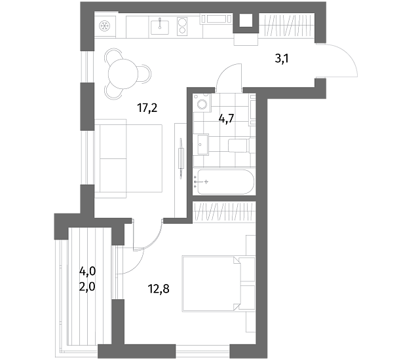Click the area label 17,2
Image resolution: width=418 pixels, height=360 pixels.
(x=147, y=108)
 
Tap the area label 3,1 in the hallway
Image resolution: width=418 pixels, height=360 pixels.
(x=282, y=58)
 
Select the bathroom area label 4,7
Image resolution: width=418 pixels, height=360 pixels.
(x=226, y=118)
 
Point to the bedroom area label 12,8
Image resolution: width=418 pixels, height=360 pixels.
(x=159, y=289)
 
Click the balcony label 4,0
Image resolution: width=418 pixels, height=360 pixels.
(x=87, y=272)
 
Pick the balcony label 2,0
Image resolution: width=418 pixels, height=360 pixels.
(x=87, y=287)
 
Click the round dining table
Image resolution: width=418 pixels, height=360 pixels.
(x=123, y=74)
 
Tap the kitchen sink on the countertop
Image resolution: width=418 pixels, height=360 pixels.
(x=160, y=27)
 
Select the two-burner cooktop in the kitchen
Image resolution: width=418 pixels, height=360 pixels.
(x=182, y=26)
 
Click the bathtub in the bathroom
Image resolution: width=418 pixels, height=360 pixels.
(x=225, y=182)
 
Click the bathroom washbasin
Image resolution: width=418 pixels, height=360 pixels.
(x=203, y=145)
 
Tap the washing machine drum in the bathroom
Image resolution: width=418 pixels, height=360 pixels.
(x=202, y=105)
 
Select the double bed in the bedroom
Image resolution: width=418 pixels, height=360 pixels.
(x=219, y=283)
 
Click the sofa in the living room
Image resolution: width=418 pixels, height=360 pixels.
(x=128, y=158)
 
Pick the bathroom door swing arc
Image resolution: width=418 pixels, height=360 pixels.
(x=227, y=75)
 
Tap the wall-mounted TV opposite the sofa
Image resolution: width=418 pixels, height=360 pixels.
(x=181, y=158)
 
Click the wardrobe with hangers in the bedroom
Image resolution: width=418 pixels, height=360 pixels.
(x=223, y=212)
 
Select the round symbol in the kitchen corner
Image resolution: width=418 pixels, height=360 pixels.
(x=104, y=26)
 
